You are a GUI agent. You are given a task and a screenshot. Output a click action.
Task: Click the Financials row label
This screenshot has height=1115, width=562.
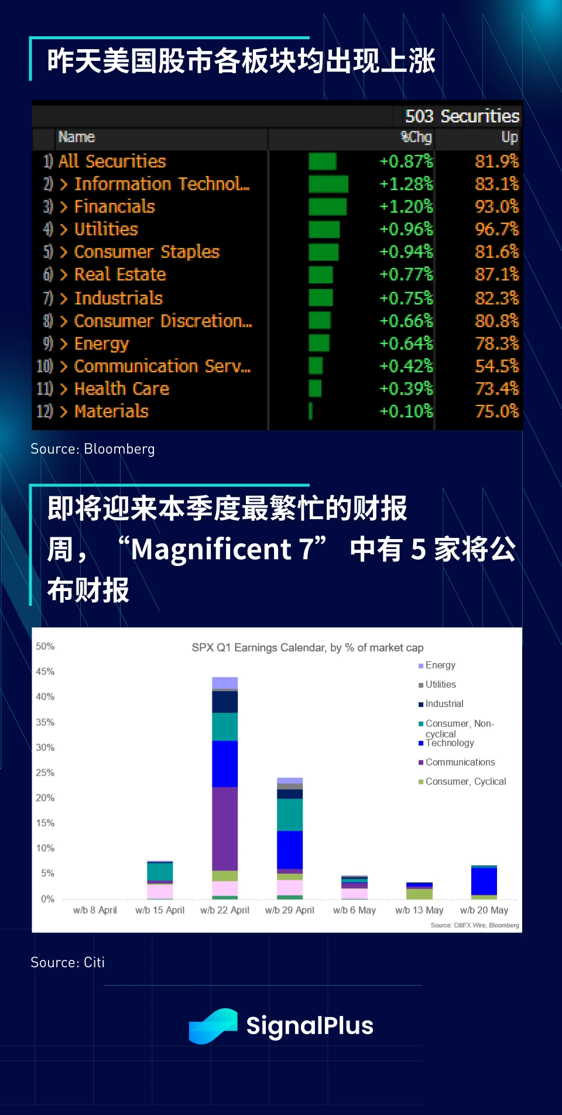coord(114,207)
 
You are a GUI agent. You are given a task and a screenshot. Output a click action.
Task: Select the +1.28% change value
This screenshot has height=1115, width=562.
coord(406,184)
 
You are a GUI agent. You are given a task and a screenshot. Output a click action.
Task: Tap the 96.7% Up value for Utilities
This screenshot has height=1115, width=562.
coord(496,229)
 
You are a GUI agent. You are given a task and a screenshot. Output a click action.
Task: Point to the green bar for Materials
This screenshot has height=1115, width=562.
coord(311,411)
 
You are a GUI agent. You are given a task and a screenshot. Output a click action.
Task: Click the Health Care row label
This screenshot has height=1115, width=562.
coord(122,389)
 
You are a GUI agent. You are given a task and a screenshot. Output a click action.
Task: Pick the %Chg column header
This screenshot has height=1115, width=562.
coord(416,137)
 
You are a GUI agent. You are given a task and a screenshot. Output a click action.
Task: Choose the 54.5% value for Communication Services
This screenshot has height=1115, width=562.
coord(496,366)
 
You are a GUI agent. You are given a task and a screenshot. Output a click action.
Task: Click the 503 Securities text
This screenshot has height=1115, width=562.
coord(462,116)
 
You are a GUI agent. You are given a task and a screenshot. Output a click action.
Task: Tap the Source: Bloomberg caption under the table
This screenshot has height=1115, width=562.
coord(92,449)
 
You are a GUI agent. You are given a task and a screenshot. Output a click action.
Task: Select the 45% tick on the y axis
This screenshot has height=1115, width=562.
coord(45,671)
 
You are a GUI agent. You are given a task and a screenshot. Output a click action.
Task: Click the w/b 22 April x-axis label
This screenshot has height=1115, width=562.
coord(225,910)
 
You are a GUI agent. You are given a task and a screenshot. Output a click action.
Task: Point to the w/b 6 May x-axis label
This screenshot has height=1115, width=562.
coord(354,910)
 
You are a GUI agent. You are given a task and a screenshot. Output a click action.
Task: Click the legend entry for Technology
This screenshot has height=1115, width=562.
coord(450,743)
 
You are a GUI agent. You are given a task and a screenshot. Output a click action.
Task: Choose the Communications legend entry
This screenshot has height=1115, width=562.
coord(460,762)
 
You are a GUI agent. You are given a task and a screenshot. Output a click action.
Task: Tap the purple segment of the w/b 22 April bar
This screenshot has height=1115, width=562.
coord(225,828)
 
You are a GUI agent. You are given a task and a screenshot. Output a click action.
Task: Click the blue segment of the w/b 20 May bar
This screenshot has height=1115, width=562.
coord(484,881)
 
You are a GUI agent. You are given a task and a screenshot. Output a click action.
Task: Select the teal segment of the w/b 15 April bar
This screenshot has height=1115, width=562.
coord(160,872)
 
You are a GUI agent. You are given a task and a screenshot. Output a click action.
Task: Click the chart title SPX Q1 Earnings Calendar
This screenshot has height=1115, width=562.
coord(307,647)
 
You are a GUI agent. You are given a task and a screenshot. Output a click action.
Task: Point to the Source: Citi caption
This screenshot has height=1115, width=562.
coord(67,962)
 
